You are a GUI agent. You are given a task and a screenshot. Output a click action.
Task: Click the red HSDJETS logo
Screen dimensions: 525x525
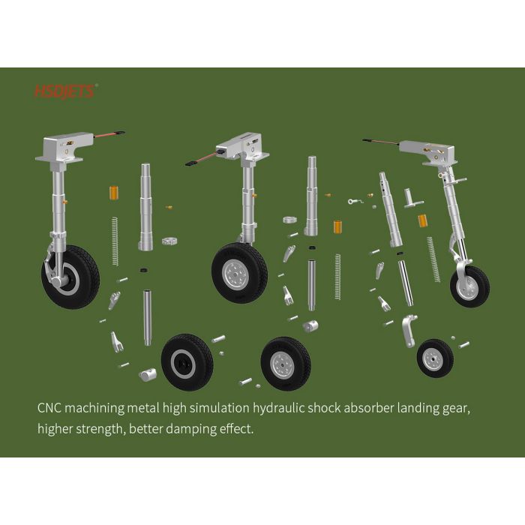point(64,91)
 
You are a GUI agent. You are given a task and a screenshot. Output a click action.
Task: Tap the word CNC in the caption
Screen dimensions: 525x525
point(49,408)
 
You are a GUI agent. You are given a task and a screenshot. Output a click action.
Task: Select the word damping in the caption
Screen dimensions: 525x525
point(190,429)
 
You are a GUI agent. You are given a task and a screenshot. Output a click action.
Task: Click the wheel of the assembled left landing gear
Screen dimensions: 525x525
point(70,277)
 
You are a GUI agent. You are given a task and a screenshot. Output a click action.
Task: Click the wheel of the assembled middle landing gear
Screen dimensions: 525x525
point(239,273)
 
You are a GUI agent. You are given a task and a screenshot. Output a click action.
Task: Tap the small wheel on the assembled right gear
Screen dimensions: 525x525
point(469,286)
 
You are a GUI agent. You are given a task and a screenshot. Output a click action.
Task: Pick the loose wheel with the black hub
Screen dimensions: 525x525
point(187,362)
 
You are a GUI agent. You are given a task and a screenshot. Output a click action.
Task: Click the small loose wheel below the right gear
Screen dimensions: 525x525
point(435,358)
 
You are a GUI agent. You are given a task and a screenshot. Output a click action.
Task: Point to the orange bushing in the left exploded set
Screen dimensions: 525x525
point(114,193)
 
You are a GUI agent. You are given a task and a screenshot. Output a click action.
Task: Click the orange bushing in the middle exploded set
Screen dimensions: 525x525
point(337,227)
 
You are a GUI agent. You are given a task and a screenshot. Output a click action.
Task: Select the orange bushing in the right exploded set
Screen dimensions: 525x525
point(422,221)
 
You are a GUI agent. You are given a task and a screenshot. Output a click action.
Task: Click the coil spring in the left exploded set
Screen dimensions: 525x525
point(115,241)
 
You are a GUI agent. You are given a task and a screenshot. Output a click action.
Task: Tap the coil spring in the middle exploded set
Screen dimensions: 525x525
point(337,277)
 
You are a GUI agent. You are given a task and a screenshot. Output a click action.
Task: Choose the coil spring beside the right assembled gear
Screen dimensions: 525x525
point(433,259)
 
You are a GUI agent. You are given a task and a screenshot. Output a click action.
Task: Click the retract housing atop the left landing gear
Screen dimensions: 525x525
point(64,147)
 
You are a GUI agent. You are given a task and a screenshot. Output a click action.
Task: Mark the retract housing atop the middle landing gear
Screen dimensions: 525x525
point(243,146)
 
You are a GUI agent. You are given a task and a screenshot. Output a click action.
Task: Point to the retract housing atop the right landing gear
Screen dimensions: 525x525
point(428,152)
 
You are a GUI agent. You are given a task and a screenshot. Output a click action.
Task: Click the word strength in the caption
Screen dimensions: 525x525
point(100,429)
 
